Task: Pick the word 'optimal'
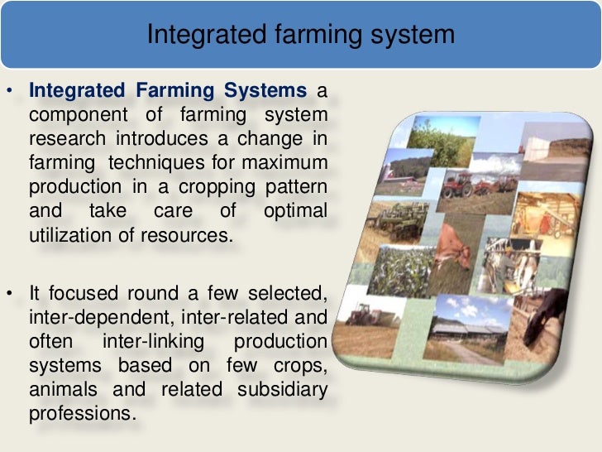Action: coord(295,210)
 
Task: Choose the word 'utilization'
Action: coord(70,234)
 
